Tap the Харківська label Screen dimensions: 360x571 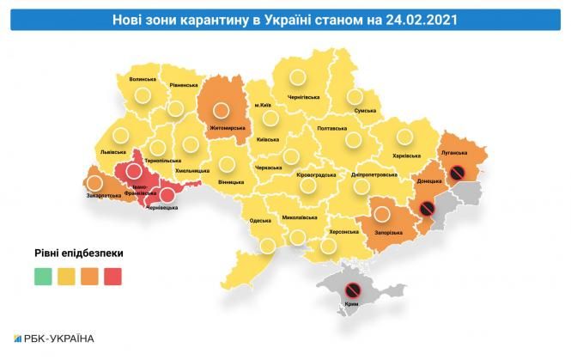pos(405,156)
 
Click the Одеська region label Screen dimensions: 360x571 pos(261,221)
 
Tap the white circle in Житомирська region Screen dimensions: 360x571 pos(221,110)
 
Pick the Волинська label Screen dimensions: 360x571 pos(142,80)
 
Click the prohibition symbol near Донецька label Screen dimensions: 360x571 pos(427,209)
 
